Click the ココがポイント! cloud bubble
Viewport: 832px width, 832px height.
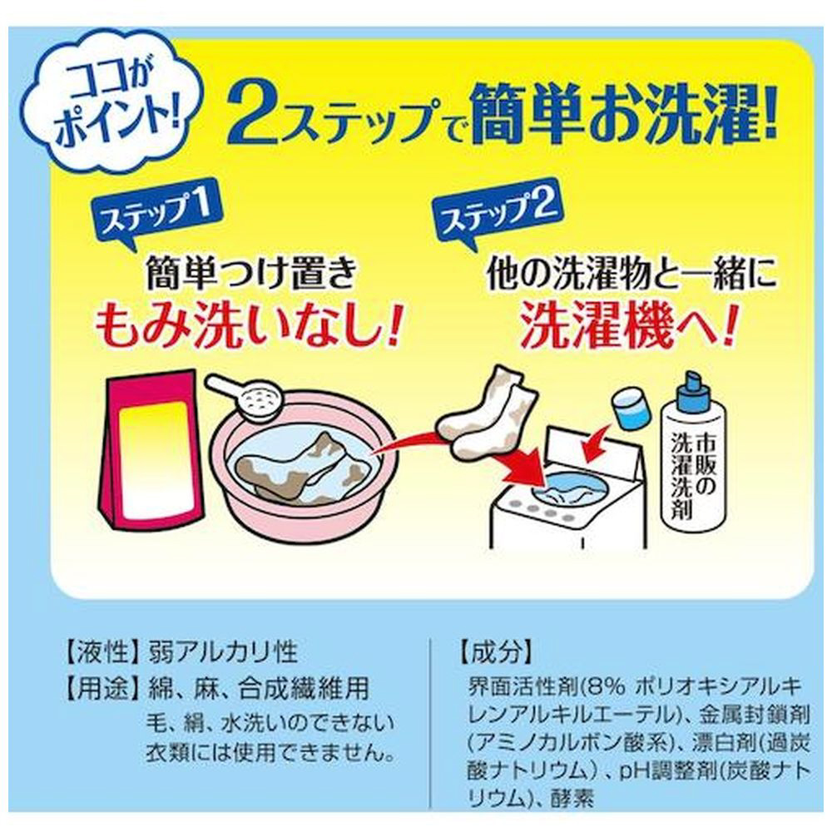115,106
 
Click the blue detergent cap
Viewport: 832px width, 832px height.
632,408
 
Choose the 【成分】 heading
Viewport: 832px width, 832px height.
495,651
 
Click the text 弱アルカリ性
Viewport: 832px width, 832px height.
223,651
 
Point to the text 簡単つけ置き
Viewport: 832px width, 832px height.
251,273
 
